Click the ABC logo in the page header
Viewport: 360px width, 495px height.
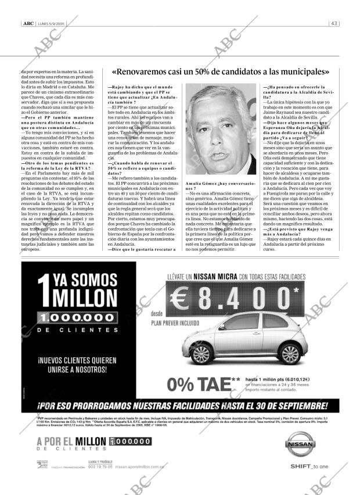27,24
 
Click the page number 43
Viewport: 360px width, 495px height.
334,24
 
